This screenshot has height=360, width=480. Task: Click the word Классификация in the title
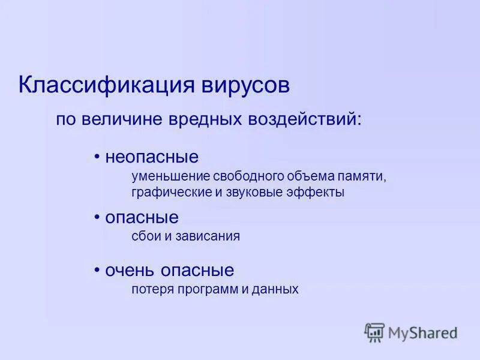(104, 85)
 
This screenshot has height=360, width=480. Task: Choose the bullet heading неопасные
(152, 157)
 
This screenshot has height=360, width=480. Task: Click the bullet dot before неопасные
(97, 157)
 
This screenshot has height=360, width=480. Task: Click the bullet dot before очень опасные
(97, 270)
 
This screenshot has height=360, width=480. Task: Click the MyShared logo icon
(374, 332)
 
